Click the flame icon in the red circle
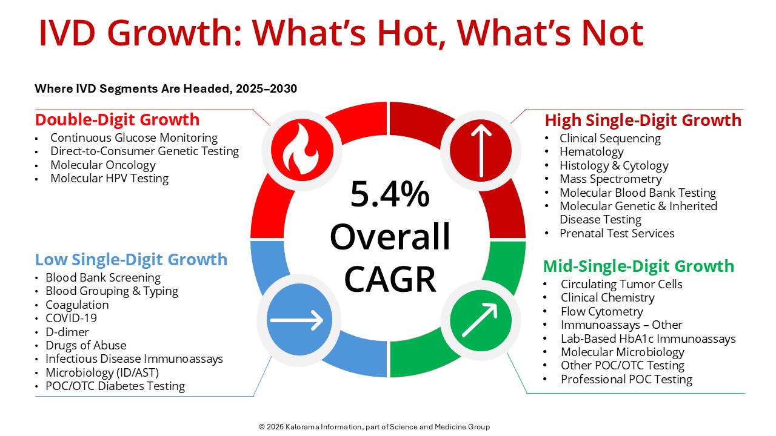pyautogui.click(x=301, y=150)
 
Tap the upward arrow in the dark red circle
pyautogui.click(x=481, y=151)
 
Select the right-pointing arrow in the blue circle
pyautogui.click(x=296, y=320)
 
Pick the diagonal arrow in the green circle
pyautogui.click(x=480, y=319)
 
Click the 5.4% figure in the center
pyautogui.click(x=390, y=194)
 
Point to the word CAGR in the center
pyautogui.click(x=390, y=279)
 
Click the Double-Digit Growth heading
pyautogui.click(x=118, y=120)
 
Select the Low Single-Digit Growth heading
pyautogui.click(x=132, y=260)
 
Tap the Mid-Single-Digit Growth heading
pyautogui.click(x=638, y=266)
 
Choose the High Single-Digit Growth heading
pyautogui.click(x=643, y=121)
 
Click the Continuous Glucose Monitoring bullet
pyautogui.click(x=134, y=137)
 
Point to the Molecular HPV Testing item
pyautogui.click(x=110, y=178)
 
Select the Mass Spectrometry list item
pyautogui.click(x=610, y=179)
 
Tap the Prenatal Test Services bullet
pyautogui.click(x=617, y=233)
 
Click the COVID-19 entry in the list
pyautogui.click(x=72, y=318)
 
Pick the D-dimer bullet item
pyautogui.click(x=67, y=332)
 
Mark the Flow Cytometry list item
pyautogui.click(x=602, y=311)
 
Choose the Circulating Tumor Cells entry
pyautogui.click(x=621, y=284)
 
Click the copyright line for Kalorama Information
pyautogui.click(x=375, y=427)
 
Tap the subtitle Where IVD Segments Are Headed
pyautogui.click(x=166, y=88)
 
